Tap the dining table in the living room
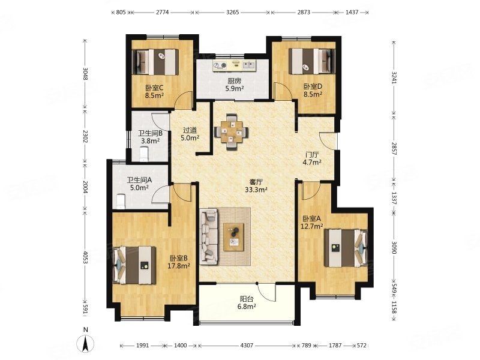(232, 132)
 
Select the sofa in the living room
(209, 236)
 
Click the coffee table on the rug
(233, 236)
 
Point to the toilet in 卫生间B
(144, 154)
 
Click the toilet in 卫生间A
(121, 201)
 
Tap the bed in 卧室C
(155, 62)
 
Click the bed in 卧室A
(346, 248)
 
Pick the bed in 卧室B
(134, 265)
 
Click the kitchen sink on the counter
(249, 65)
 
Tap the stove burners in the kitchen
(220, 65)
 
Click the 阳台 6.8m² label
(248, 302)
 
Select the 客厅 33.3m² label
(256, 186)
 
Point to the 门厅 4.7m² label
(311, 158)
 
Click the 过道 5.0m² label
(190, 134)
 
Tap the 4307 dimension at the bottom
(247, 346)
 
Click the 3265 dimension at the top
(232, 13)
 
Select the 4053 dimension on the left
(85, 256)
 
